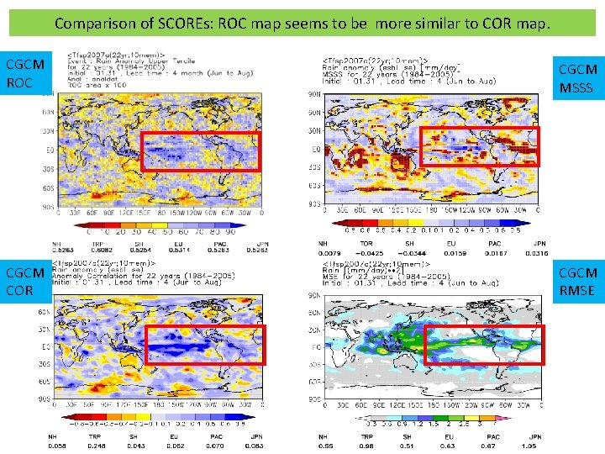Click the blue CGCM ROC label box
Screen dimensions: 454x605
pyautogui.click(x=24, y=73)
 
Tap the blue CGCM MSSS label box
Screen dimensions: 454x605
pyautogui.click(x=578, y=79)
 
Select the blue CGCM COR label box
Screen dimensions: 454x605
pyautogui.click(x=24, y=281)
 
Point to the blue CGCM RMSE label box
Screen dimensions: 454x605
pyautogui.click(x=578, y=281)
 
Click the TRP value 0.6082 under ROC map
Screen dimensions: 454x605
pyautogui.click(x=103, y=250)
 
